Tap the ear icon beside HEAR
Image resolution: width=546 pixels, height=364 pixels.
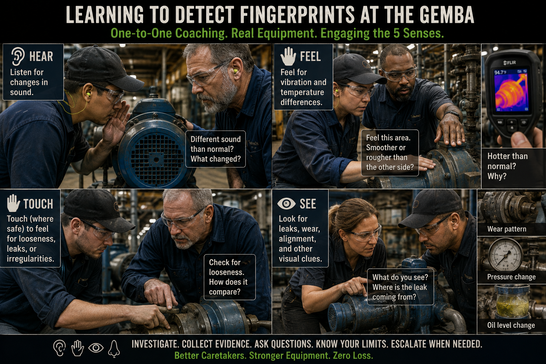pyautogui.click(x=18, y=56)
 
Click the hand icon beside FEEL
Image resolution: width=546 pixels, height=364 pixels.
pyautogui.click(x=288, y=56)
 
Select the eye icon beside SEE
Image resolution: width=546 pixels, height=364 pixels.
pyautogui.click(x=287, y=204)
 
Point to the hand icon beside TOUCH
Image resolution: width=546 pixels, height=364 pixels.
pyautogui.click(x=14, y=203)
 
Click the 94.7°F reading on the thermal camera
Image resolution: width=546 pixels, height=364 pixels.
pyautogui.click(x=500, y=73)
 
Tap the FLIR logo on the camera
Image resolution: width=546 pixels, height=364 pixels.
pyautogui.click(x=510, y=63)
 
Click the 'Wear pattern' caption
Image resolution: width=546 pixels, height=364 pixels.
pyautogui.click(x=507, y=229)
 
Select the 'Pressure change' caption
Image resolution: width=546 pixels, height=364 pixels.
pyautogui.click(x=512, y=277)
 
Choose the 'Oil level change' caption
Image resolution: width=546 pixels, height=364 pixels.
pyautogui.click(x=511, y=325)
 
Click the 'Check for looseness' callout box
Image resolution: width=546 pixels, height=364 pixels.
pyautogui.click(x=230, y=277)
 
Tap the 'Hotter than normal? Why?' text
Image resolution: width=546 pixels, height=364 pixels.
pyautogui.click(x=508, y=166)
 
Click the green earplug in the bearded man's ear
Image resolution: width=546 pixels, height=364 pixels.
pyautogui.click(x=236, y=71)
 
